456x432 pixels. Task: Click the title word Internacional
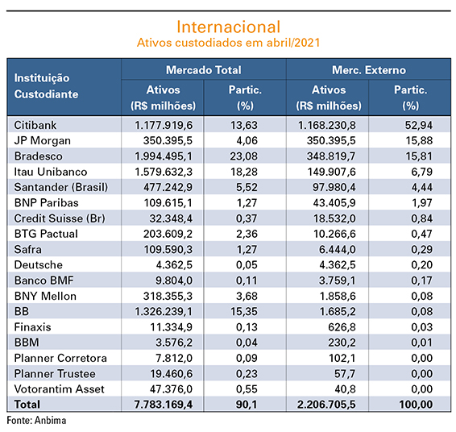point(229,27)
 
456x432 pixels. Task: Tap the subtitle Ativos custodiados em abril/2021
point(228,43)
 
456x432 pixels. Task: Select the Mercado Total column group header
point(204,70)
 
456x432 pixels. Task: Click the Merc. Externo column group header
point(369,70)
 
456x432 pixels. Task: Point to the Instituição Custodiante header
point(46,86)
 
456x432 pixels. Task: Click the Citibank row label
point(35,125)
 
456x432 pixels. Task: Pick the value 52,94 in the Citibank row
point(419,125)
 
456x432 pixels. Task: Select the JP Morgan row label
point(43,141)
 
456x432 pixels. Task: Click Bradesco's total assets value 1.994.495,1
point(164,156)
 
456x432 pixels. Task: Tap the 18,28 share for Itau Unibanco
point(243,172)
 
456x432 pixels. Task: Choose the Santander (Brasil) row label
point(61,187)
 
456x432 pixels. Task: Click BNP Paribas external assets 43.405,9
point(334,203)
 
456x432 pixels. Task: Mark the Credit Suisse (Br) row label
point(60,218)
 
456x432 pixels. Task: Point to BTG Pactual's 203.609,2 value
point(168,234)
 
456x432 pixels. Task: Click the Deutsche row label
point(39,264)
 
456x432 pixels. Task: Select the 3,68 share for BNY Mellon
point(247,296)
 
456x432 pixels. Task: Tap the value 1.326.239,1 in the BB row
point(164,312)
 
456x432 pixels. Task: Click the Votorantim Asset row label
point(60,389)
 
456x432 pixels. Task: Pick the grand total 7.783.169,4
point(164,405)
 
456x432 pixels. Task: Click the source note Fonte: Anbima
point(36,421)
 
